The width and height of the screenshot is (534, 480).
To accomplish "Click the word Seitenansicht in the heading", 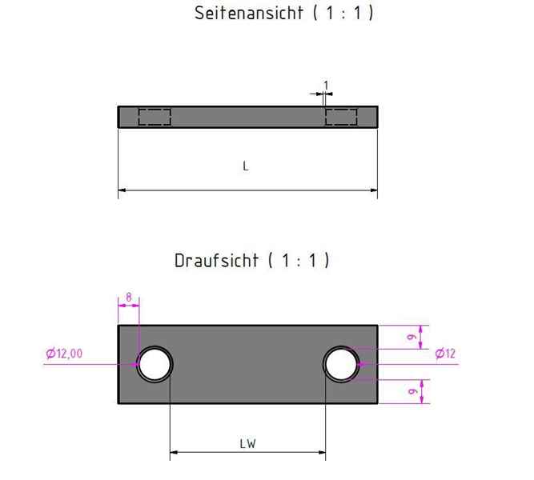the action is click(249, 14).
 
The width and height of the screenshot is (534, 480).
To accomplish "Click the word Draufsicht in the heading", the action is click(217, 261).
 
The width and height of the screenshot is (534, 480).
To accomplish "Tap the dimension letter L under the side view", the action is click(246, 166).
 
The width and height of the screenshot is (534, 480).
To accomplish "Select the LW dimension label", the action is click(247, 444).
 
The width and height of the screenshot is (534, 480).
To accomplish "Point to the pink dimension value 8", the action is click(128, 297).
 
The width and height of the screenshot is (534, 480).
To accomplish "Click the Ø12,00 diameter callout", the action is click(64, 354).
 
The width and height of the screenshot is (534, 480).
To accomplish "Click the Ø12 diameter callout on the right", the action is click(445, 354).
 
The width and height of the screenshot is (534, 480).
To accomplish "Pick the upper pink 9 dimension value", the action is click(412, 337).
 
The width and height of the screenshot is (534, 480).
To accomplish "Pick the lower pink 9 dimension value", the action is click(412, 391).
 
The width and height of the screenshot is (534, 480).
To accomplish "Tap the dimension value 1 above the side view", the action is click(326, 86).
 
